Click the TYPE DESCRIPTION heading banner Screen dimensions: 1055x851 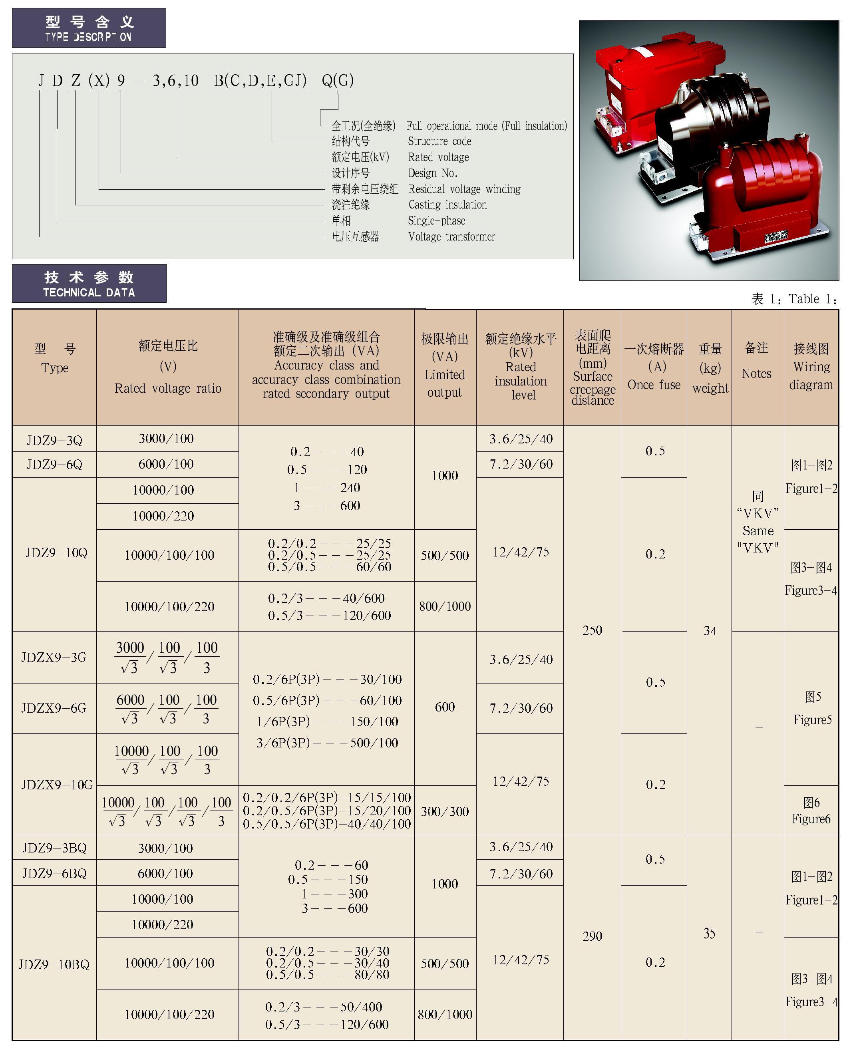[x=89, y=28]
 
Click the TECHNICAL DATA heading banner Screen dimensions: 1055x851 [x=89, y=283]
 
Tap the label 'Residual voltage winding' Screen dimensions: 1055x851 [x=464, y=189]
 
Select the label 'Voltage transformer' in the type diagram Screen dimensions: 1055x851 [x=451, y=236]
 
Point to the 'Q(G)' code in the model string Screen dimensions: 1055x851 [x=337, y=80]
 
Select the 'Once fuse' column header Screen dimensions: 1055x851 [x=654, y=368]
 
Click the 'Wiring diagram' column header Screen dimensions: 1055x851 [x=811, y=368]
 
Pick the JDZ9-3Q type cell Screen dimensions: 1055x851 [x=54, y=440]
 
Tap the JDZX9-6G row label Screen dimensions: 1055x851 [x=54, y=708]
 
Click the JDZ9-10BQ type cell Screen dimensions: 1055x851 [x=54, y=964]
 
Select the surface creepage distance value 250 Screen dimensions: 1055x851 [x=592, y=630]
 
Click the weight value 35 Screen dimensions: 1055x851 [x=709, y=934]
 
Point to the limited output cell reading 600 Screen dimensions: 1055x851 [x=445, y=707]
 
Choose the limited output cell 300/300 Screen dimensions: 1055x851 [x=445, y=811]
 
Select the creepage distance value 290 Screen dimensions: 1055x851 [x=592, y=936]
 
